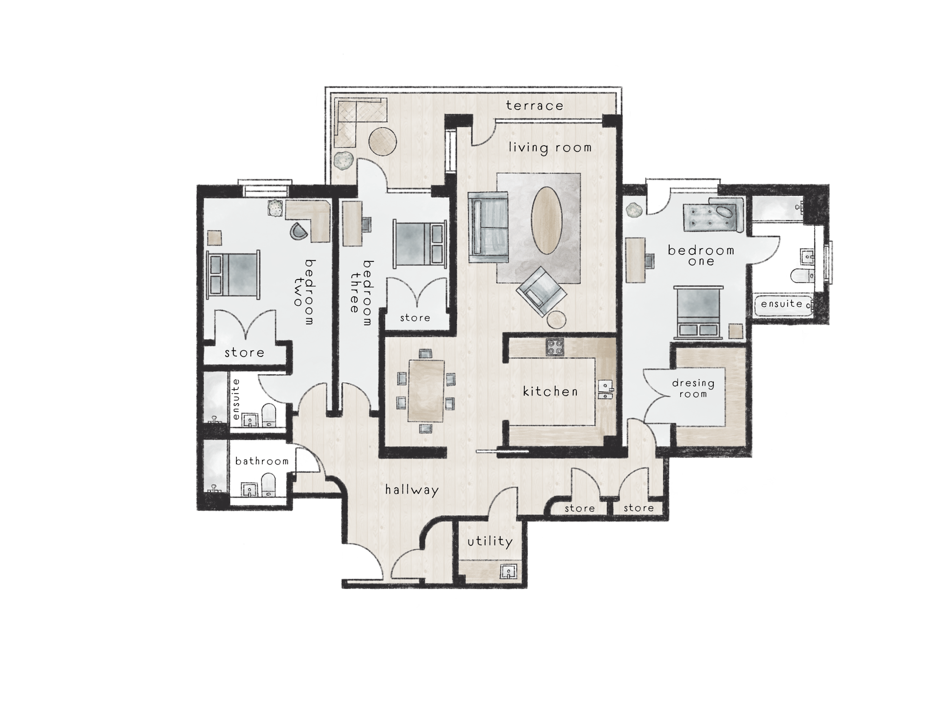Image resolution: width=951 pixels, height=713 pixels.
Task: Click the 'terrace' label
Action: (x=534, y=106)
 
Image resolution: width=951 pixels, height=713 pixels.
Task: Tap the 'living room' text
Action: (x=550, y=148)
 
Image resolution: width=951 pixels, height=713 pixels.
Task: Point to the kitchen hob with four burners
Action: (x=555, y=347)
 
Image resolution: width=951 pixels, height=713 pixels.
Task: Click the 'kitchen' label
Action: (x=550, y=391)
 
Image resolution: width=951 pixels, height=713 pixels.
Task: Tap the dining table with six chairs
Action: (x=426, y=390)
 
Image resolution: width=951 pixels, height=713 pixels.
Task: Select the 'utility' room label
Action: (x=490, y=541)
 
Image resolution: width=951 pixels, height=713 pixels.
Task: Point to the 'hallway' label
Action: (x=412, y=490)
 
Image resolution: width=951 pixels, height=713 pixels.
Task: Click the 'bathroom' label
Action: (x=262, y=461)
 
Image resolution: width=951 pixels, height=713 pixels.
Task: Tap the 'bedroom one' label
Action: (x=701, y=256)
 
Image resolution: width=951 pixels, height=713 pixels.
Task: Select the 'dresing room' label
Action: (x=693, y=389)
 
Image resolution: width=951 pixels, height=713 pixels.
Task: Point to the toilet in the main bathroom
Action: (x=268, y=485)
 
